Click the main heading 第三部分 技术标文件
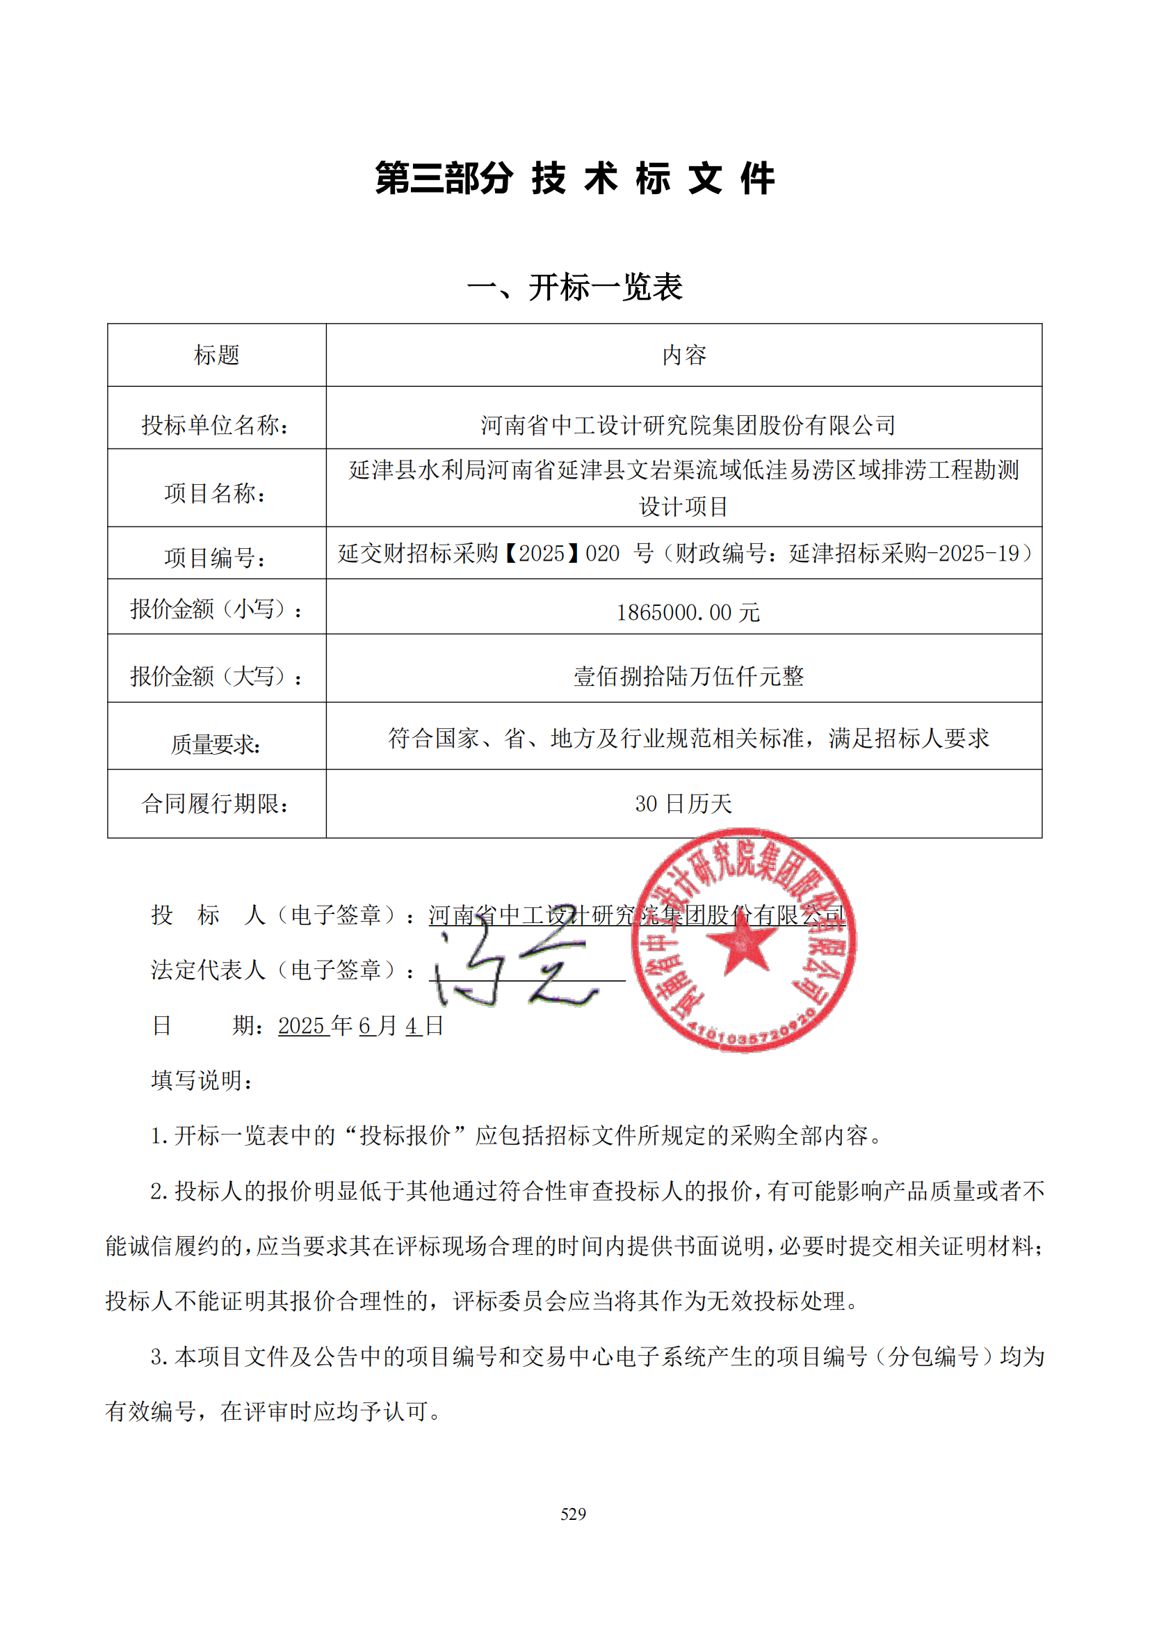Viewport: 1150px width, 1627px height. pyautogui.click(x=574, y=178)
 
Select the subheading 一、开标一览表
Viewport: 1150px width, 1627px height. pyautogui.click(x=574, y=287)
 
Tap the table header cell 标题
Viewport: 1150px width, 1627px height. pyautogui.click(x=217, y=355)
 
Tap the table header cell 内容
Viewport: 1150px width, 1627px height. pyautogui.click(x=684, y=355)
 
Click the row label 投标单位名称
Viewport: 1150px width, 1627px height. pyautogui.click(x=216, y=425)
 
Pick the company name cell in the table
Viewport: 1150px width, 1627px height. pyautogui.click(x=688, y=425)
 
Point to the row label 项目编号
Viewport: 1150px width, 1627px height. pyautogui.click(x=216, y=558)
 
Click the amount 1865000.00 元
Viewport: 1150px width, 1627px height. pyautogui.click(x=688, y=612)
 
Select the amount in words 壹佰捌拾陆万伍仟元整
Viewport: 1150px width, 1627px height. pyautogui.click(x=688, y=676)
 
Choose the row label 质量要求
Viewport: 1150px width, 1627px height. pyautogui.click(x=216, y=744)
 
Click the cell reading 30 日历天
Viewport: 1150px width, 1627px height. pyautogui.click(x=683, y=803)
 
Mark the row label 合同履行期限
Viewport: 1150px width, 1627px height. pyautogui.click(x=216, y=803)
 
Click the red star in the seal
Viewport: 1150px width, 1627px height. pyautogui.click(x=741, y=945)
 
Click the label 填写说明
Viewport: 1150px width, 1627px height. pyautogui.click(x=202, y=1081)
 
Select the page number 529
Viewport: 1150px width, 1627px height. pyautogui.click(x=574, y=1514)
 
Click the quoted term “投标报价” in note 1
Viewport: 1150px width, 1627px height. pyautogui.click(x=405, y=1136)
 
